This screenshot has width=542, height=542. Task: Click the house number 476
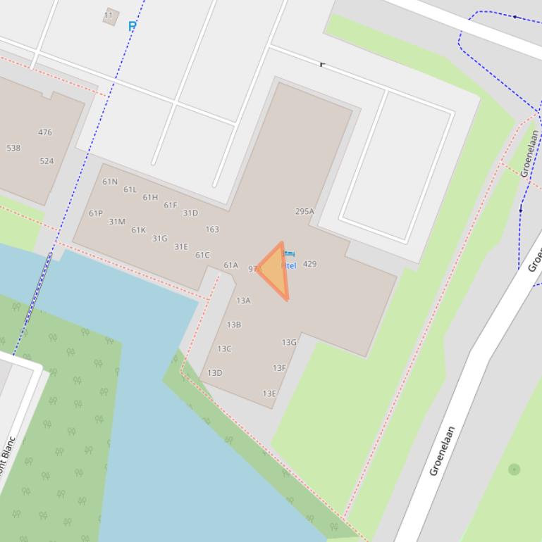pyautogui.click(x=45, y=132)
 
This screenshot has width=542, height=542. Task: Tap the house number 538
pyautogui.click(x=13, y=149)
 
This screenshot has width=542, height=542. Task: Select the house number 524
pyautogui.click(x=47, y=161)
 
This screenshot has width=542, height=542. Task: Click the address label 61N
pyautogui.click(x=110, y=182)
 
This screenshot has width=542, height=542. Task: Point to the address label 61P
pyautogui.click(x=96, y=213)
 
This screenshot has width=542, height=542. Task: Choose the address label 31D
pyautogui.click(x=190, y=213)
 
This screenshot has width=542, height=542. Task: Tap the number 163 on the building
pyautogui.click(x=212, y=229)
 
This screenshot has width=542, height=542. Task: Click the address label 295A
pyautogui.click(x=304, y=211)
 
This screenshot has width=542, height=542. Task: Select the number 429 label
pyautogui.click(x=309, y=264)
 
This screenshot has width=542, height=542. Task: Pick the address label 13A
pyautogui.click(x=243, y=301)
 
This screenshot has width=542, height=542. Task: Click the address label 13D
pyautogui.click(x=214, y=373)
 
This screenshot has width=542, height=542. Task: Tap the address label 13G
pyautogui.click(x=289, y=343)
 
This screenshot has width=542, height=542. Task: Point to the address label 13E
pyautogui.click(x=269, y=394)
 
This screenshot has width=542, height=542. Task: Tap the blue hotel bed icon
pyautogui.click(x=289, y=253)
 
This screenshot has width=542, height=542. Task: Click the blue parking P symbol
pyautogui.click(x=132, y=26)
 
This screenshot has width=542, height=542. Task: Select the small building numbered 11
pyautogui.click(x=110, y=16)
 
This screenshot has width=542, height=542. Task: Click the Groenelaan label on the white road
pyautogui.click(x=442, y=450)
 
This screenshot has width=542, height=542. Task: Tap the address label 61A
pyautogui.click(x=230, y=265)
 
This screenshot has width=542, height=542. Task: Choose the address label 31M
pyautogui.click(x=117, y=222)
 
